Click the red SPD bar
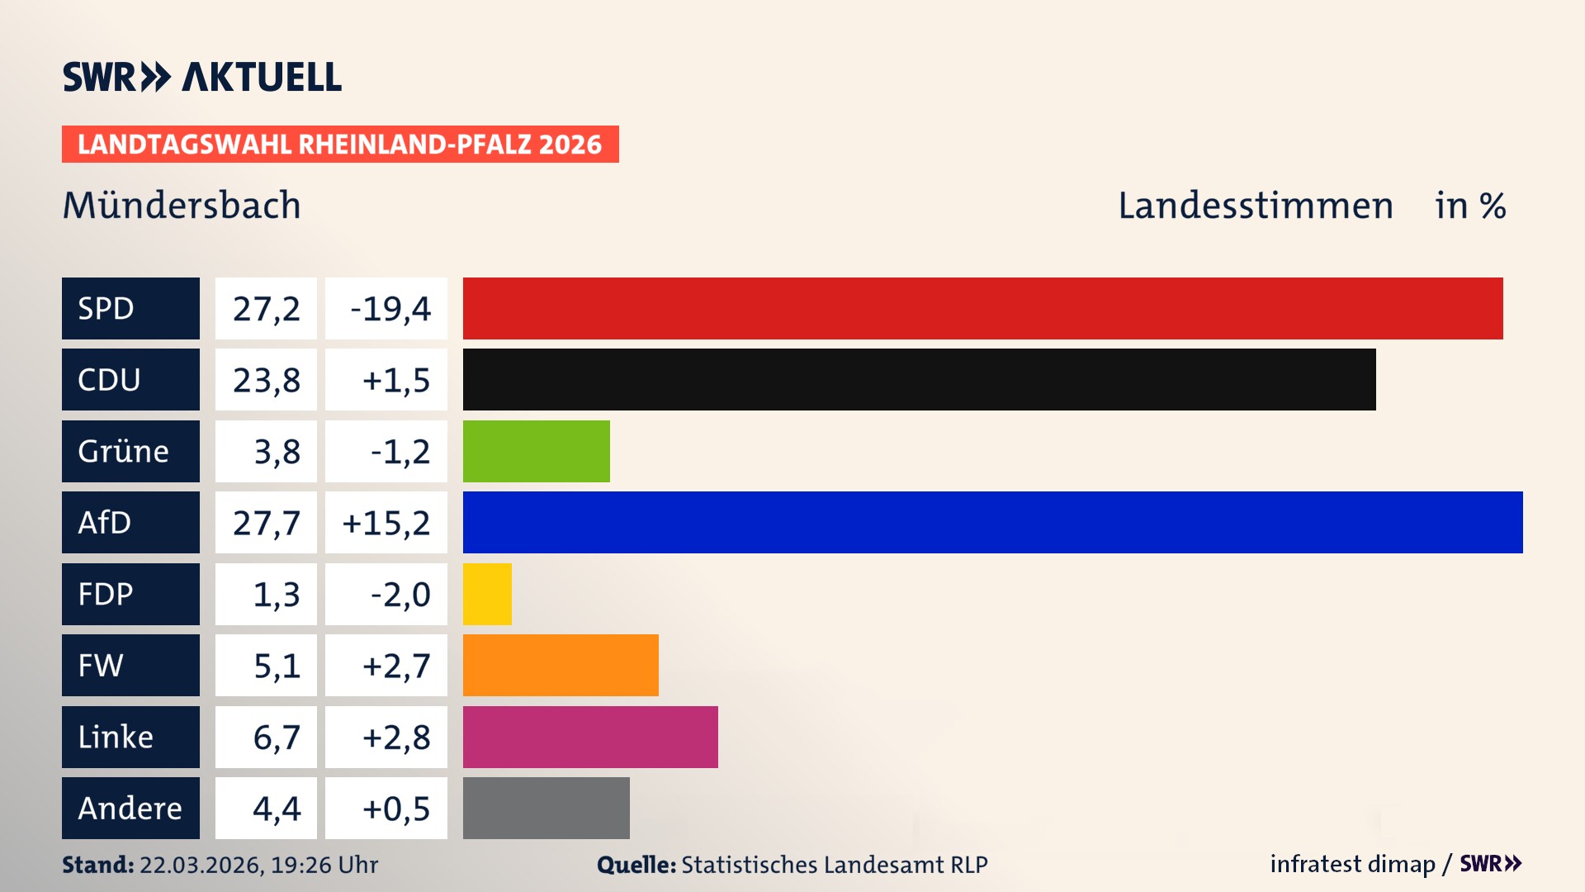pyautogui.click(x=982, y=308)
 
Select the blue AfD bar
pyautogui.click(x=992, y=522)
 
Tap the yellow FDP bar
pyautogui.click(x=487, y=594)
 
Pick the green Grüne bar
pyautogui.click(x=536, y=451)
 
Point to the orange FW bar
pyautogui.click(x=561, y=665)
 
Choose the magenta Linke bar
pyautogui.click(x=590, y=737)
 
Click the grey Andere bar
pyautogui.click(x=546, y=808)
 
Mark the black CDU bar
pyautogui.click(x=919, y=379)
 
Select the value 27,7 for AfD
pyautogui.click(x=266, y=522)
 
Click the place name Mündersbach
pyautogui.click(x=182, y=206)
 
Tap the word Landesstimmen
pyautogui.click(x=1255, y=206)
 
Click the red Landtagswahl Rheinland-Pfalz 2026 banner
pyautogui.click(x=340, y=144)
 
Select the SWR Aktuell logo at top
pyautogui.click(x=202, y=77)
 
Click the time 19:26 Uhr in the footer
pyautogui.click(x=324, y=865)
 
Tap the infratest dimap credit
pyautogui.click(x=1352, y=864)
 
